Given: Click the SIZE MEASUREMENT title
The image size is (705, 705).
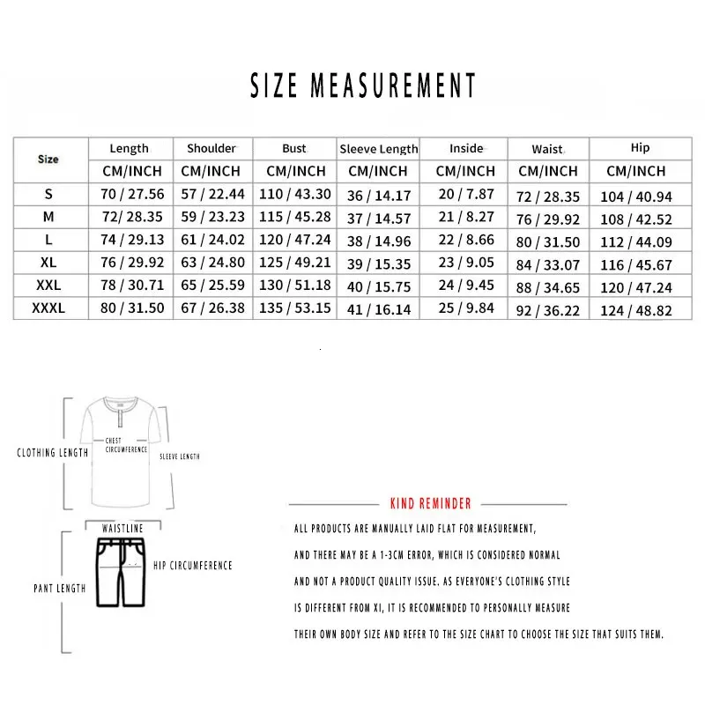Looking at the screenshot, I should tap(363, 85).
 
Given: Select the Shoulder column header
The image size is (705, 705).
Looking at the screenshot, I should tap(211, 148).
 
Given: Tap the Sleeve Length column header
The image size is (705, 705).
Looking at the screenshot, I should tap(379, 149).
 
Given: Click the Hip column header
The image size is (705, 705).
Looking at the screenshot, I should tap(640, 148).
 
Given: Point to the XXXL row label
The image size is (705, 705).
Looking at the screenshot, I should tap(48, 308).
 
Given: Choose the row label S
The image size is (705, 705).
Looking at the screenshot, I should tap(48, 194).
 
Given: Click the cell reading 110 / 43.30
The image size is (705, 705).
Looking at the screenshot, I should tap(294, 195).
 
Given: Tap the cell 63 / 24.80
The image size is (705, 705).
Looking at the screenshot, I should tap(211, 263).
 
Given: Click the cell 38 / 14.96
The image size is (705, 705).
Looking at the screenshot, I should tap(379, 241).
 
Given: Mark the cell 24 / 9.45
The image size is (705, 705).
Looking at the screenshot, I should tap(465, 286).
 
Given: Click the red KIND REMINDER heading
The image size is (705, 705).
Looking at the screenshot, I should tap(430, 503).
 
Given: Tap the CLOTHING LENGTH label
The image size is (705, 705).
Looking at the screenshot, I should tap(53, 453).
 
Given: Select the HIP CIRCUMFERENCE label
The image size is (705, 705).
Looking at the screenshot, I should tap(192, 565).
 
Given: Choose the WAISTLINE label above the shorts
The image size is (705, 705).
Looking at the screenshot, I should tap(122, 528).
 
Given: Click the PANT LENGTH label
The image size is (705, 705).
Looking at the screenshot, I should tap(60, 588).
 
